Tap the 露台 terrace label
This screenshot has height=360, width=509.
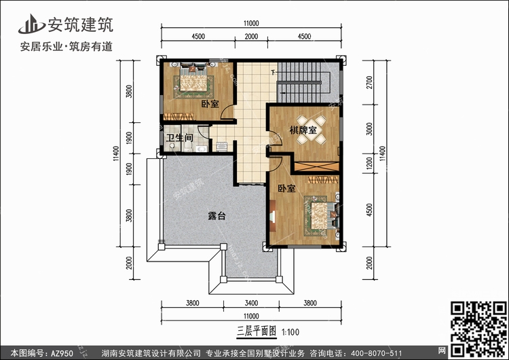coord(216,216)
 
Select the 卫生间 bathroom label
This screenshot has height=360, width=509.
coord(180,139)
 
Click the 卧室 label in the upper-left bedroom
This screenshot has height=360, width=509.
coord(210,104)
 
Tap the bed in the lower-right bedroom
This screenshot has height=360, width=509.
coord(319,212)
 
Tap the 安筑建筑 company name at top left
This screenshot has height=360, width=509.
coord(78,24)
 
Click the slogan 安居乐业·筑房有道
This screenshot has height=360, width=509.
coord(67,47)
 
